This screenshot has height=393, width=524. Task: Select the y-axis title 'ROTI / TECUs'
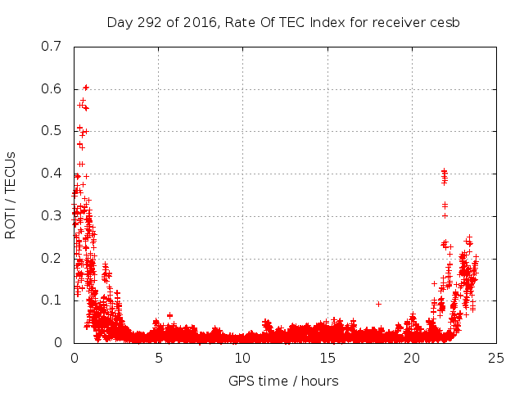coord(11,194)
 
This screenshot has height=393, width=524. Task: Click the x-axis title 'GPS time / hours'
coord(283,381)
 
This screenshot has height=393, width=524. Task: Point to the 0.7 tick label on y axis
coord(52,46)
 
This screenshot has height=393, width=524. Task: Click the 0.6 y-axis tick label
coord(52,88)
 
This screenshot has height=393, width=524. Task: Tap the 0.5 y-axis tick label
coord(52,131)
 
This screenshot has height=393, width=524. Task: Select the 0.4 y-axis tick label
coord(52,174)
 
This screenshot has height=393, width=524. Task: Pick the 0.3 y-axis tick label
coord(52,216)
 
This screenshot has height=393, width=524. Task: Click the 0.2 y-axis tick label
coord(52,258)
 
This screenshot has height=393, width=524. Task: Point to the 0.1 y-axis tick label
coord(52,300)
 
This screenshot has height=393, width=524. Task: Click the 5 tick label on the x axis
coord(158,358)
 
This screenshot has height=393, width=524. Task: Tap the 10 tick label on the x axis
coord(242,358)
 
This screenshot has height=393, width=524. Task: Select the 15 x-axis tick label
coord(327,358)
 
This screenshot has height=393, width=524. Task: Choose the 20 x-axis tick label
coord(411,358)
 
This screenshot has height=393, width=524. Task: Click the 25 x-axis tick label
coord(495,358)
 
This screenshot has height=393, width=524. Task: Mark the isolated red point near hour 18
coord(378,304)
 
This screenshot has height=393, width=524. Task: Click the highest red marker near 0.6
coord(85,87)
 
